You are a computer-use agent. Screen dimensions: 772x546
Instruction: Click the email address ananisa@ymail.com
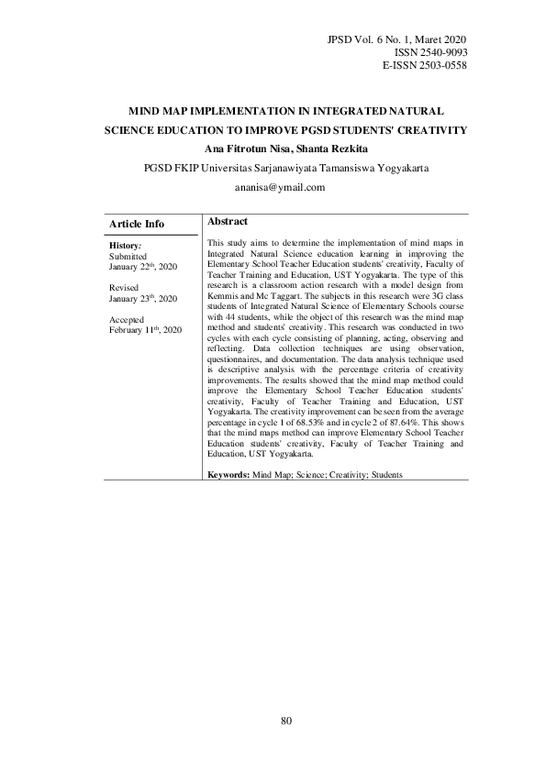click(273, 187)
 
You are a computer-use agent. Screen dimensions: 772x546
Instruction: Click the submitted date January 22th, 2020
click(142, 266)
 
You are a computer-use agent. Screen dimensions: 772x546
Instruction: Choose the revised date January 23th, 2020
click(142, 298)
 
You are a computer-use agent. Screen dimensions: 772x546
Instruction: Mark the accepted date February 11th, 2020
click(145, 329)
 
